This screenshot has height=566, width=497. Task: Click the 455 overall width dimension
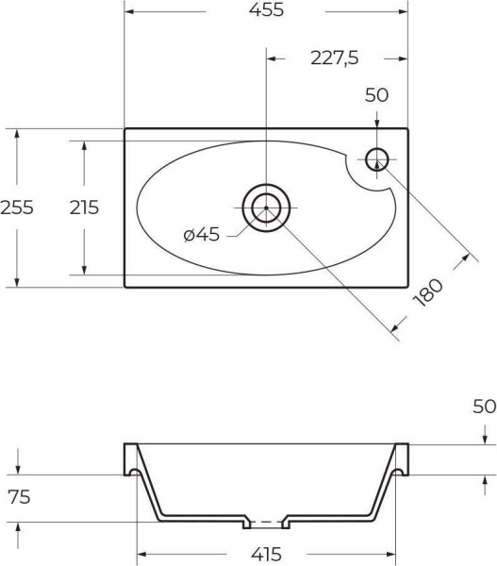265,11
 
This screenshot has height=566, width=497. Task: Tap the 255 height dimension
17,208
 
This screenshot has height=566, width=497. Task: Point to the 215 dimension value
84,208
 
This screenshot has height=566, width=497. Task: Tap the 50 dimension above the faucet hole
377,95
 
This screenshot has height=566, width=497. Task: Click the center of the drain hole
267,208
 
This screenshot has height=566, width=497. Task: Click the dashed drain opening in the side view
267,521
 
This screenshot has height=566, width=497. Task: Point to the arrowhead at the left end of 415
142,553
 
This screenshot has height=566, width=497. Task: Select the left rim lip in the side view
131,458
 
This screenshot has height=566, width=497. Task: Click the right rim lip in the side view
403,458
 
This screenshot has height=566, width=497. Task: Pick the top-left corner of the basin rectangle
125,128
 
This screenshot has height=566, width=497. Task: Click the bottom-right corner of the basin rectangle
407,287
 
